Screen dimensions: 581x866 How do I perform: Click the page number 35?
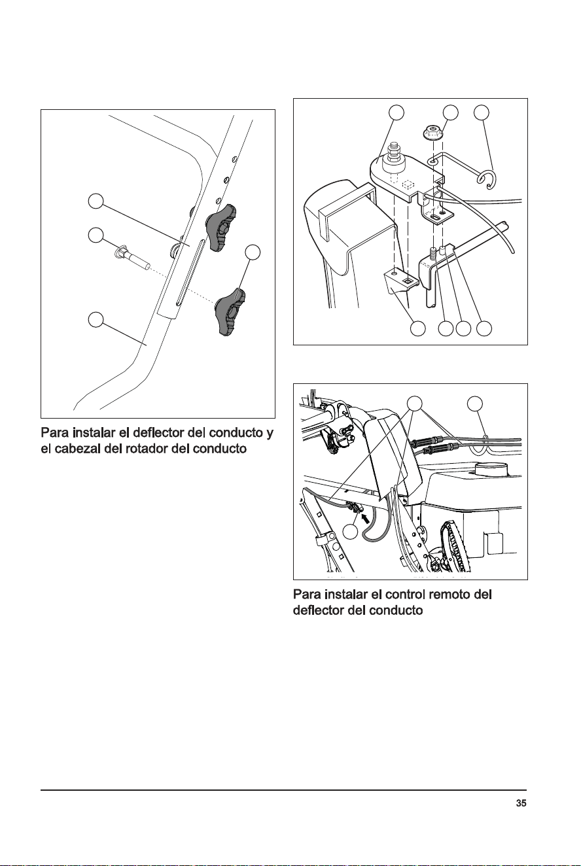pos(521,803)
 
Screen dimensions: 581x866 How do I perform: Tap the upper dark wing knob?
pos(220,228)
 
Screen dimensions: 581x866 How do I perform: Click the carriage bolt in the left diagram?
pos(132,256)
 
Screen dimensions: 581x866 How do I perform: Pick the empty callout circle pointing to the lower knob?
pos(253,252)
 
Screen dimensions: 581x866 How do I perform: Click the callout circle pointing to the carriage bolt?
pos(96,235)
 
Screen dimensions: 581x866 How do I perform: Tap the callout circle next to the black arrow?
pos(351,532)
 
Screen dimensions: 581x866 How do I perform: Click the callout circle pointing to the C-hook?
pos(482,112)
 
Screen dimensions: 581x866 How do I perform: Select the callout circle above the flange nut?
pos(450,112)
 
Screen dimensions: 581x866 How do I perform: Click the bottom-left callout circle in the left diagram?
pos(96,319)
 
